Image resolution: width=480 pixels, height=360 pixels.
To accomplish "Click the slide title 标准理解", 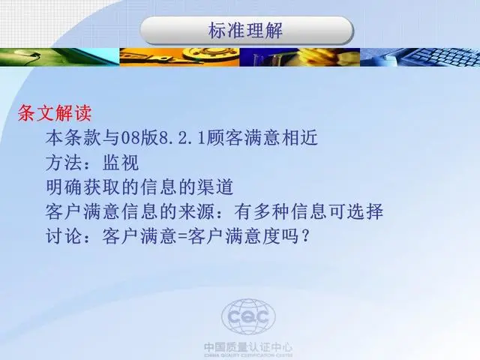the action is [x=245, y=31].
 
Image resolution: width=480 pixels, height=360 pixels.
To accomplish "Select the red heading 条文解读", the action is [x=55, y=113].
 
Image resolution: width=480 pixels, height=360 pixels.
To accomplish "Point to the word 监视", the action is [x=121, y=163].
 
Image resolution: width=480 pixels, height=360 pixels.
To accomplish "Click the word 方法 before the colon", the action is [x=64, y=163].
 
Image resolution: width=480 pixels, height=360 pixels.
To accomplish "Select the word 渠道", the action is [x=215, y=187].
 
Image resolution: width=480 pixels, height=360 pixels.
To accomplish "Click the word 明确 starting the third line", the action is [x=64, y=187].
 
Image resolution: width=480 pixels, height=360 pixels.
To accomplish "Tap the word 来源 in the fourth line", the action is [x=196, y=211].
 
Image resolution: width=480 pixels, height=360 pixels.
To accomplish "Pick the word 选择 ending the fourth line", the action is [x=365, y=211].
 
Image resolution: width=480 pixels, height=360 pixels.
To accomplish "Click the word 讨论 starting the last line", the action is [x=64, y=236].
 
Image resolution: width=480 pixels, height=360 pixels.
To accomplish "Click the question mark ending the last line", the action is [x=304, y=236].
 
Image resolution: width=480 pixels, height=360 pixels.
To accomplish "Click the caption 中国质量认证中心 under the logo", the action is [x=248, y=347].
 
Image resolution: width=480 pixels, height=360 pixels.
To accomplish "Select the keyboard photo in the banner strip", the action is [x=420, y=57].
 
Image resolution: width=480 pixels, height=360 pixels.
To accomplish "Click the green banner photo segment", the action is [x=60, y=57].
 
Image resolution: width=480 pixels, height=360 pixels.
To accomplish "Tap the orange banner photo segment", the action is [x=179, y=57].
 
